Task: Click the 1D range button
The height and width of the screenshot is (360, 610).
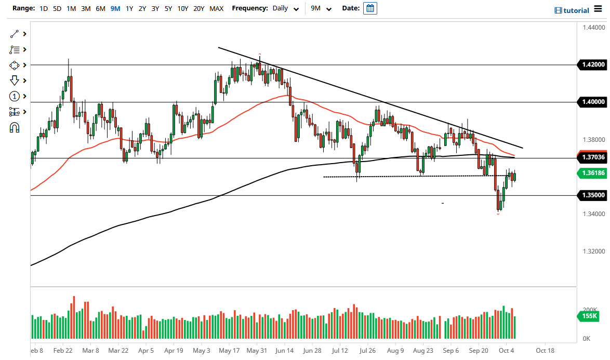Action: tap(44, 9)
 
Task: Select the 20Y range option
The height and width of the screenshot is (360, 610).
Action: tap(198, 9)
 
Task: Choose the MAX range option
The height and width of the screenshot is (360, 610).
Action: tap(216, 9)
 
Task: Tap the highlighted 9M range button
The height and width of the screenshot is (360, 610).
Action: tap(115, 9)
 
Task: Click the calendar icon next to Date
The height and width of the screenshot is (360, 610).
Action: tap(370, 8)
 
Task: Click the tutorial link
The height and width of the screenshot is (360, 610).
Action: tap(572, 10)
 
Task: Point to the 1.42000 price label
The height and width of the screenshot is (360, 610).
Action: tap(592, 65)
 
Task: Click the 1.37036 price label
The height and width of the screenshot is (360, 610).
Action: tap(592, 157)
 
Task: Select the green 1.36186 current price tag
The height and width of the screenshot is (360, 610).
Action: tap(592, 174)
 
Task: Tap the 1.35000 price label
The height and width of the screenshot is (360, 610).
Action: tap(592, 195)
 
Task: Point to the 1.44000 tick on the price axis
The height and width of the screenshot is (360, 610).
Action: tap(593, 28)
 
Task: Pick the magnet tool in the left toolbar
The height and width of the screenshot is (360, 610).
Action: tap(15, 127)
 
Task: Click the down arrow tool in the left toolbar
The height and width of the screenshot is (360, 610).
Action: tap(15, 81)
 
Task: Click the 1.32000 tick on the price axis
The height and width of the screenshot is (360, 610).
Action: tap(593, 251)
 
